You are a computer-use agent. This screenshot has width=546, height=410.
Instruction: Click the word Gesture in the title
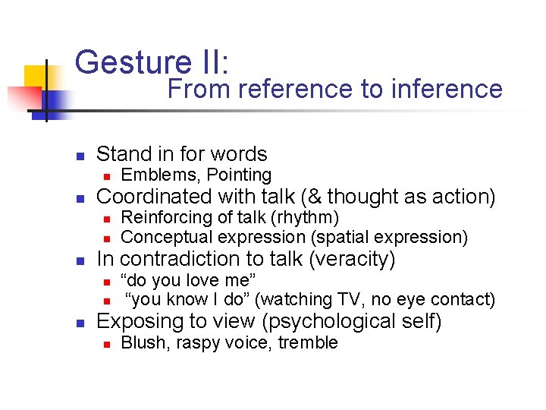point(122,61)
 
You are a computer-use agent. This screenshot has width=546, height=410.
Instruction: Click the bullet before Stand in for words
point(79,155)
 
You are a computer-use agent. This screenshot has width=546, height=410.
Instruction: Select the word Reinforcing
point(165,218)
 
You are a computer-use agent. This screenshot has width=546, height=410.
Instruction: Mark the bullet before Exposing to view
point(79,322)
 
